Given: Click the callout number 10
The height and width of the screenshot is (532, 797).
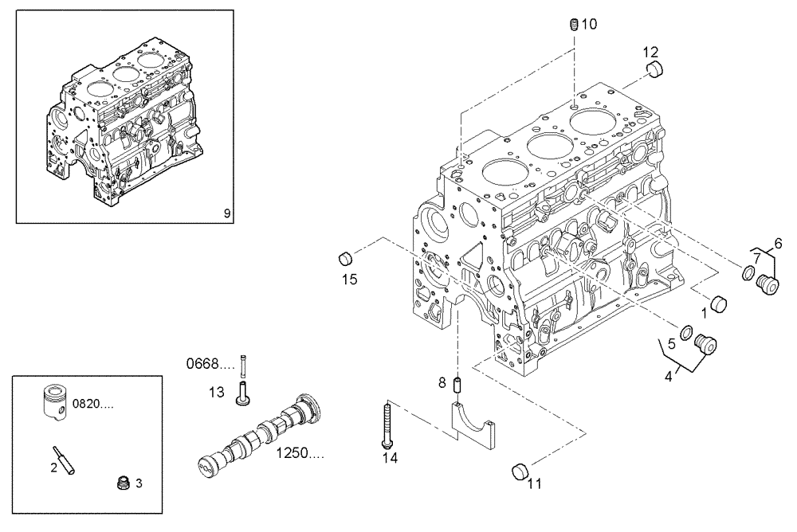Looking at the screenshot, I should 588,24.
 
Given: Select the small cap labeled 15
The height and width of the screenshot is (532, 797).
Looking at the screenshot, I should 346,258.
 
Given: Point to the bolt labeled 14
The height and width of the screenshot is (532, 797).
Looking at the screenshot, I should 387,426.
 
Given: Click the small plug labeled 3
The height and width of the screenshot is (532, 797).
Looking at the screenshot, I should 123,483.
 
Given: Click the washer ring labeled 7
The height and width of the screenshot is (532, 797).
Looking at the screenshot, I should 748,275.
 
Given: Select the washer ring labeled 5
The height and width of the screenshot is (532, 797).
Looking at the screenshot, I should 685,331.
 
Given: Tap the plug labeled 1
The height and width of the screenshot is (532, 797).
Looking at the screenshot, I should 720,304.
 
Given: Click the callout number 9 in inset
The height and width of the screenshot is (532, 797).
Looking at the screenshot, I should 226,213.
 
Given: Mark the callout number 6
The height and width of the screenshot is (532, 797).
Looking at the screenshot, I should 778,244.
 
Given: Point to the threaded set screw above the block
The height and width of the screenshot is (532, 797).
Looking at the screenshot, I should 573,25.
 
